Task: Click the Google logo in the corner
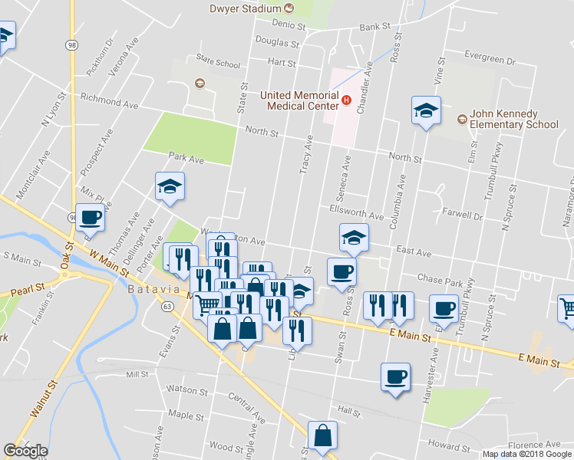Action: coord(25,451)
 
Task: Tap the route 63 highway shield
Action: coord(168,306)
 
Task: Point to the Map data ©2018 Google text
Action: coord(527,454)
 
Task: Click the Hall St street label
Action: coord(349,412)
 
